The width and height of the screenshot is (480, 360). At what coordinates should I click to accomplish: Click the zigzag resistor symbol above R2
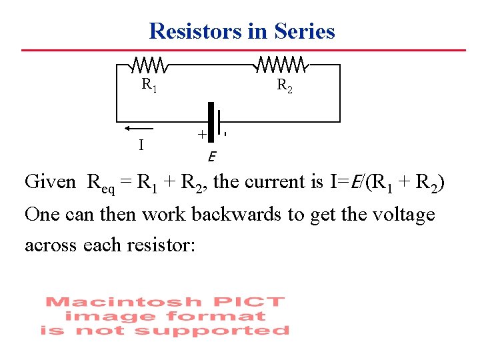click(281, 65)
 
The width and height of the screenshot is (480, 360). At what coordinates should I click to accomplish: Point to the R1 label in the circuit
click(149, 85)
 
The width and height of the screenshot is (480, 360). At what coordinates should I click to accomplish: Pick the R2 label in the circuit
click(284, 85)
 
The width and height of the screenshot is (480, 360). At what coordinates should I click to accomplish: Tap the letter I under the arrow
click(140, 144)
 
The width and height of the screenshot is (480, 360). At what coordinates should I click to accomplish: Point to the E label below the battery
click(211, 157)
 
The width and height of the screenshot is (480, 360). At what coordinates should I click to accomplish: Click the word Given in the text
click(50, 182)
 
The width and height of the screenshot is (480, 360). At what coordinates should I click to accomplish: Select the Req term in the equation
click(101, 184)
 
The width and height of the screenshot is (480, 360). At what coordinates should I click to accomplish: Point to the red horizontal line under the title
click(243, 50)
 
